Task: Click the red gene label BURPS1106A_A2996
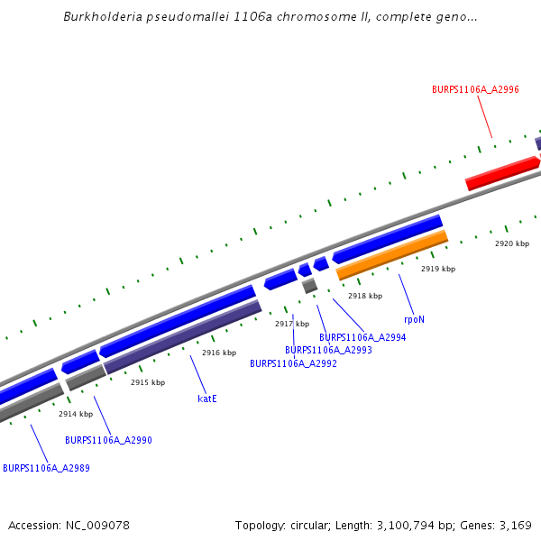coord(475,89)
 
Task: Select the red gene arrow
coord(501,171)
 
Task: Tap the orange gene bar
coord(391,255)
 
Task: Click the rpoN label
coord(414,319)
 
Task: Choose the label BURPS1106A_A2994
coord(362,337)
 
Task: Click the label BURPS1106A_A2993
coord(328,350)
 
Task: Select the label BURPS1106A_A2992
coord(293,363)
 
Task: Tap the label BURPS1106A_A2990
coord(108,440)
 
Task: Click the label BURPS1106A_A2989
coord(46,468)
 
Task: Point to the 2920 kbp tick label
coord(511,243)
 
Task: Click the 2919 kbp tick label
coord(438,269)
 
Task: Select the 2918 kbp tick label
coord(365,296)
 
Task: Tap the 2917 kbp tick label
coord(292,324)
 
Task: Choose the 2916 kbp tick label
coord(219,353)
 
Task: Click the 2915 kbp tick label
coord(148,382)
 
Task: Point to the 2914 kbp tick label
coord(76,414)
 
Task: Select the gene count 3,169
coord(516,525)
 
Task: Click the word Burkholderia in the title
coord(104,17)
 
